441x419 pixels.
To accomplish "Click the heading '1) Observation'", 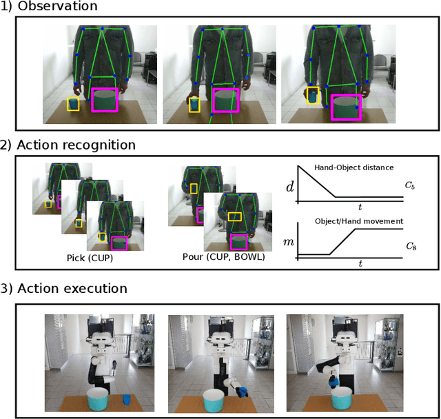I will click(x=49, y=6).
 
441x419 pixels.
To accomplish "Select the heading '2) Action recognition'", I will click(x=68, y=145).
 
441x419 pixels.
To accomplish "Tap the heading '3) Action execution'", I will click(x=63, y=289).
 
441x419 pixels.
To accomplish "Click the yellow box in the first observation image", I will click(x=72, y=105).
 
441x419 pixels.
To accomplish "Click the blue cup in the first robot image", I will click(x=125, y=398).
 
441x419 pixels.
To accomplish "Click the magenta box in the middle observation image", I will click(x=225, y=100).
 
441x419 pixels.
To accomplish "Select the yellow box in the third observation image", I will click(x=312, y=96).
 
